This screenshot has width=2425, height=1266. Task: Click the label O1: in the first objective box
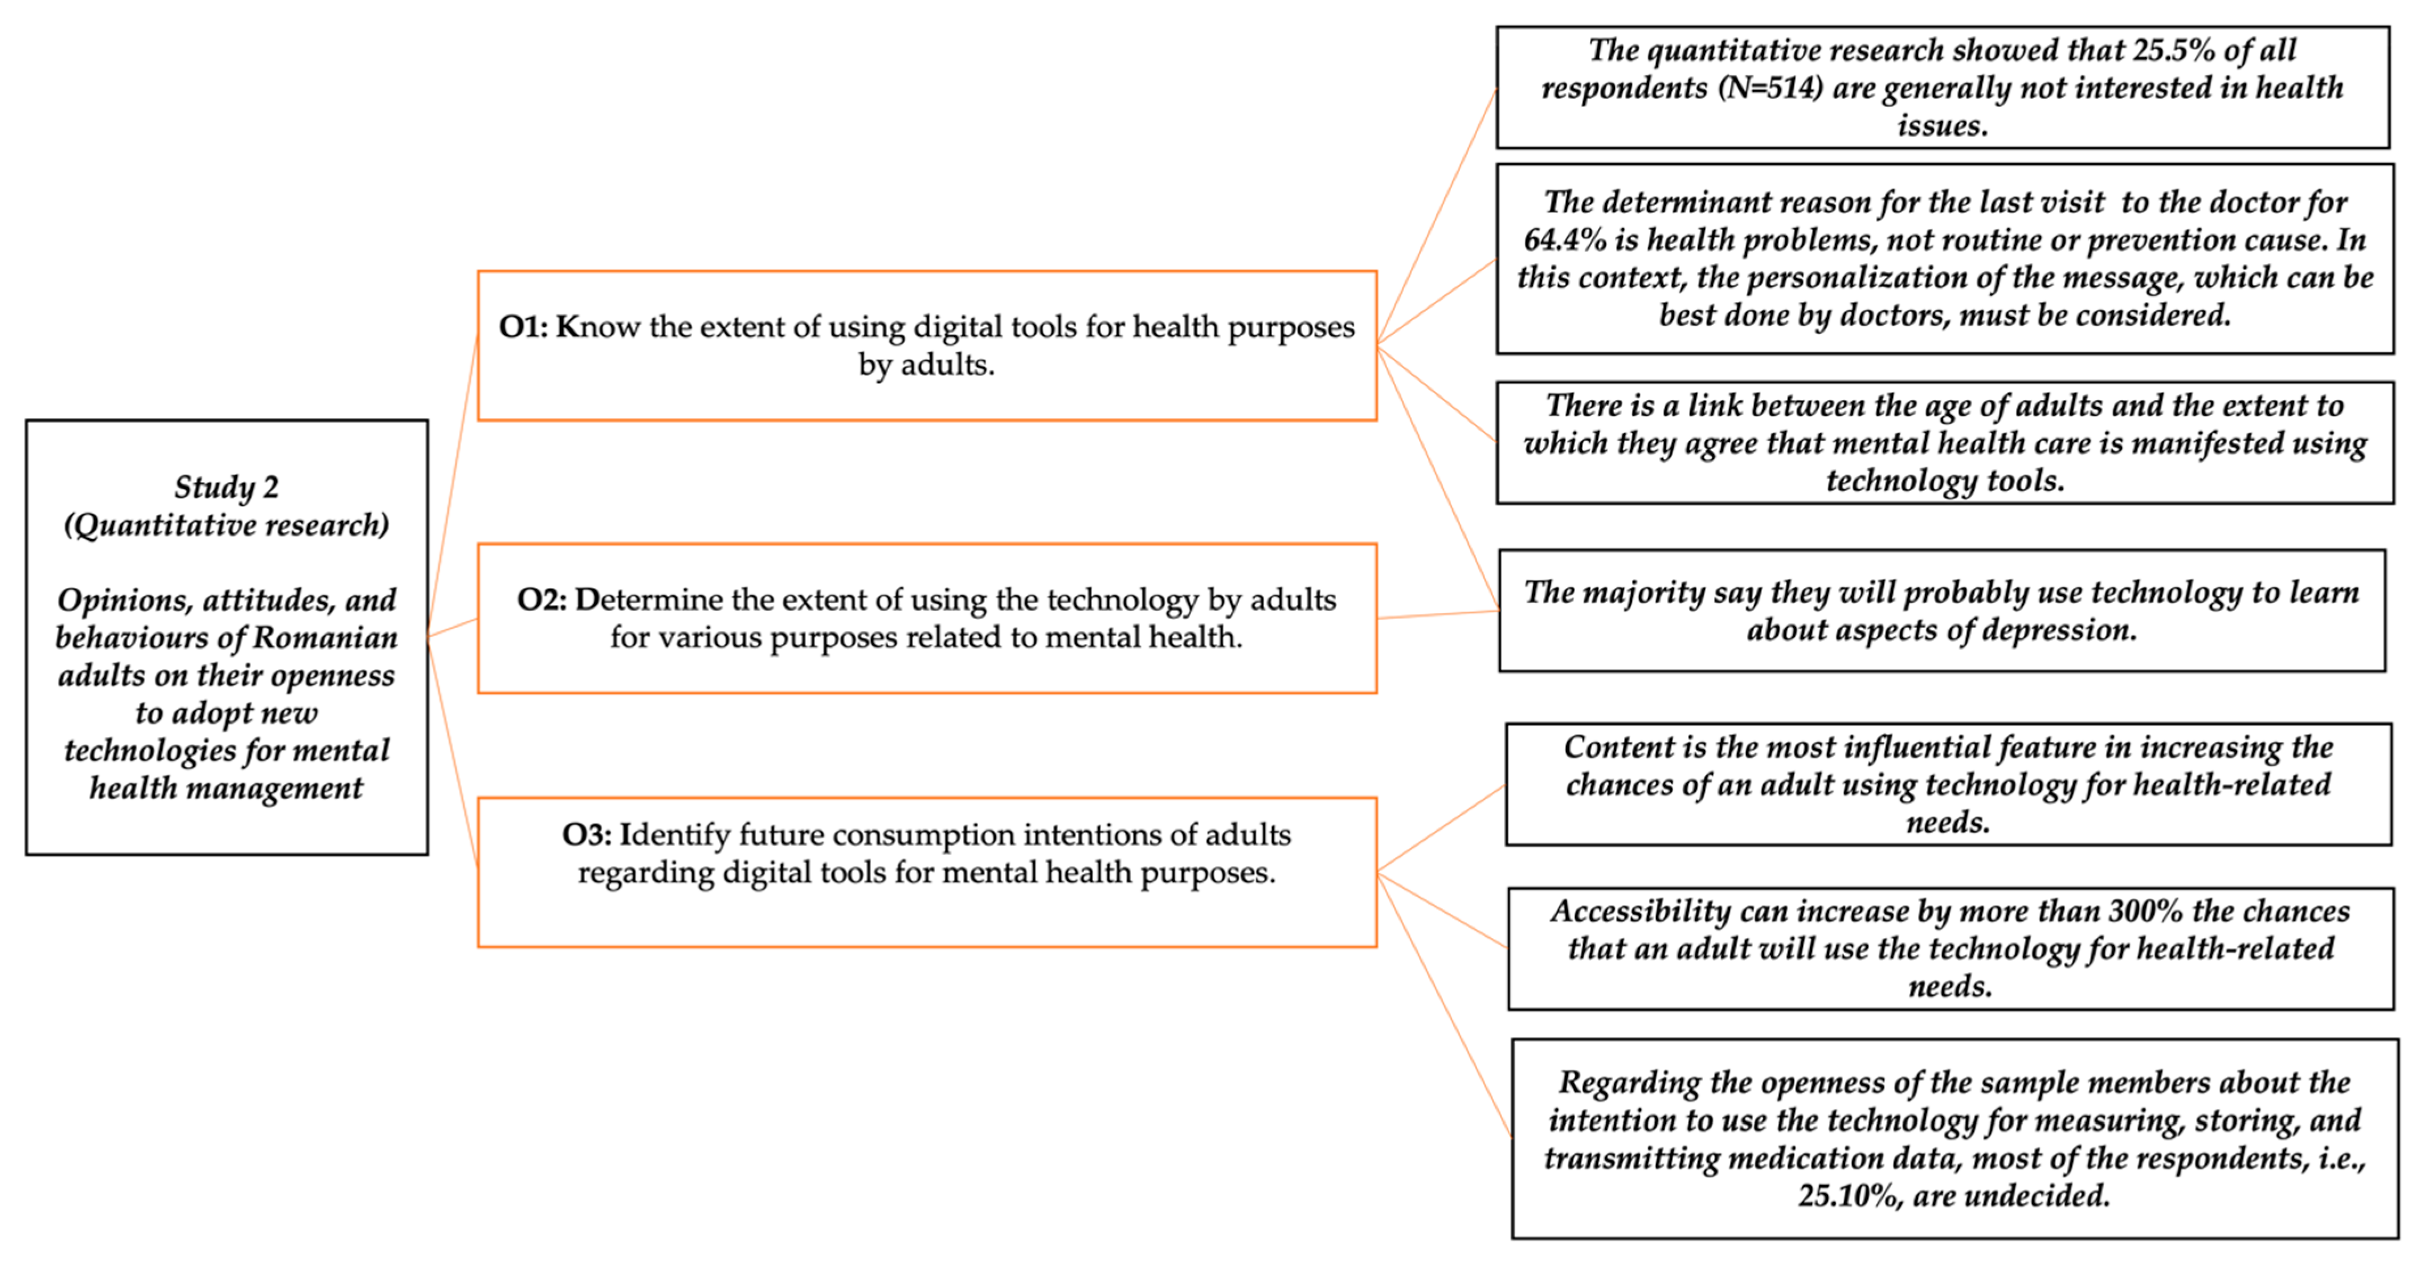tap(522, 326)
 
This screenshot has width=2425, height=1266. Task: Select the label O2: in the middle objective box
tap(541, 599)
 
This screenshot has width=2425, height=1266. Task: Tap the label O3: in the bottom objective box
tap(587, 835)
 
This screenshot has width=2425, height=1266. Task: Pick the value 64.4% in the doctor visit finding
tap(1565, 240)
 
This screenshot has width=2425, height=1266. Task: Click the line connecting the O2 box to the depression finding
tap(1437, 615)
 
